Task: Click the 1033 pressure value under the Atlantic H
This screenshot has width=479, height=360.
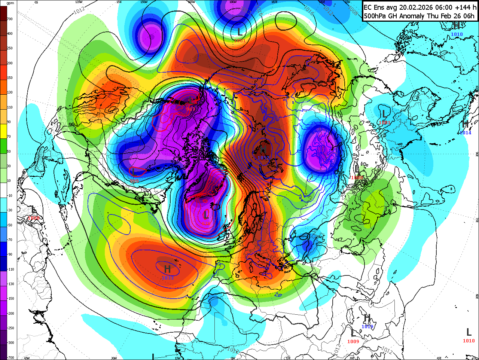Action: [x=168, y=278]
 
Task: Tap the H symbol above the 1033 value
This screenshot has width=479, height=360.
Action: [x=167, y=269]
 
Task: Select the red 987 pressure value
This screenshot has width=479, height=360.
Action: [x=191, y=109]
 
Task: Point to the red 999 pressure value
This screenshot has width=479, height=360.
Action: [x=134, y=181]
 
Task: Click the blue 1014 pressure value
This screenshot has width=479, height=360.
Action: [x=466, y=133]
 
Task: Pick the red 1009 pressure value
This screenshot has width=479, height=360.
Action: [x=353, y=341]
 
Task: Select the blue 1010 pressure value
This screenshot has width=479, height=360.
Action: [x=457, y=34]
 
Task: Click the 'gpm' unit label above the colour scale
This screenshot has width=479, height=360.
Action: [x=10, y=3]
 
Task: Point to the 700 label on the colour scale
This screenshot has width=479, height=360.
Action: [x=10, y=19]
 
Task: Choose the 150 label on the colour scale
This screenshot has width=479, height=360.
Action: [x=10, y=78]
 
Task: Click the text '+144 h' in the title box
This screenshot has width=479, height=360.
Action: [x=466, y=7]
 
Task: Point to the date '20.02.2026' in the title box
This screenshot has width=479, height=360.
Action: [x=419, y=7]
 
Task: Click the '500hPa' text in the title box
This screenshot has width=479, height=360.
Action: [x=376, y=16]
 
